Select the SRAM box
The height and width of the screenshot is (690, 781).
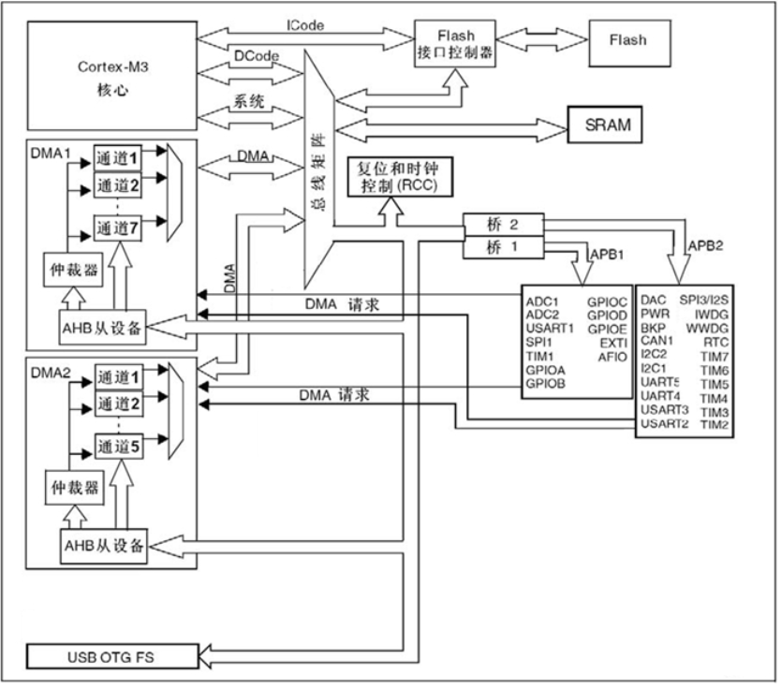tap(609, 124)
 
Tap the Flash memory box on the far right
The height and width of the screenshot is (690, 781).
tap(627, 41)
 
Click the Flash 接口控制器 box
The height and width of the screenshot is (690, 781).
tap(456, 44)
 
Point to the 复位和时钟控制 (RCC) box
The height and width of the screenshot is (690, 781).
tap(397, 177)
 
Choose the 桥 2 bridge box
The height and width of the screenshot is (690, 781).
tap(503, 224)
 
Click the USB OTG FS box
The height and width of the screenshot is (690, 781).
tap(111, 656)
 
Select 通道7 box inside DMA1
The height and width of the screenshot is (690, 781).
tap(117, 228)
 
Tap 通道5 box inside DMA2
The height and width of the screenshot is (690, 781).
tap(117, 448)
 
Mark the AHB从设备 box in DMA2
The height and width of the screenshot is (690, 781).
tap(104, 546)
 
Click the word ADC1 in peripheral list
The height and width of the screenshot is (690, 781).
tap(542, 301)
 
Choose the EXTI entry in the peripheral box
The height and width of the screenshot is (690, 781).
tap(612, 343)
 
